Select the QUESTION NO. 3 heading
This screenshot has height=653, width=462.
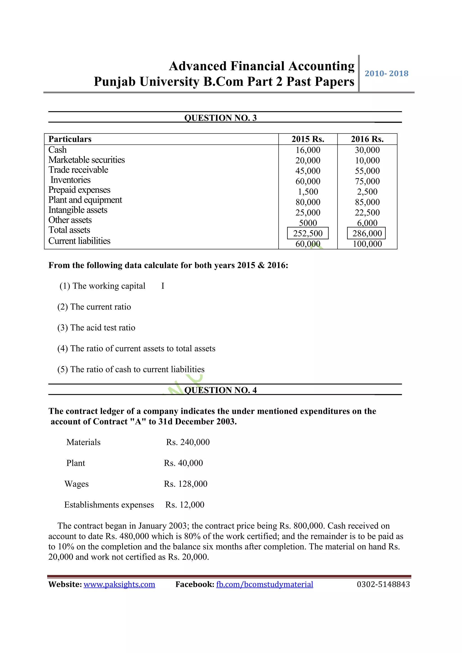(x=220, y=118)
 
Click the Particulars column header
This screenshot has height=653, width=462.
(x=70, y=139)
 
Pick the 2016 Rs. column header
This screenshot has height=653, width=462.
(x=367, y=139)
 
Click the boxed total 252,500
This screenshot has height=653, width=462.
(x=308, y=233)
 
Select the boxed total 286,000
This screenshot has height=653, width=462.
(x=367, y=233)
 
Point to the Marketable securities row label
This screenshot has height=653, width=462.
(x=86, y=160)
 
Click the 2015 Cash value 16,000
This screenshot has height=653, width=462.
(x=308, y=150)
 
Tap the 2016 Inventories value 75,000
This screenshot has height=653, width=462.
(x=367, y=181)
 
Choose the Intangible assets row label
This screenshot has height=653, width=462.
(x=78, y=210)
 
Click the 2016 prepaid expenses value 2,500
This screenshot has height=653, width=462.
(x=367, y=192)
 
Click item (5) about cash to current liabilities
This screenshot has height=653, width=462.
(x=131, y=369)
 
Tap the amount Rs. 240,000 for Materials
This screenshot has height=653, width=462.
(x=188, y=442)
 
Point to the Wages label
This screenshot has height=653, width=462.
(x=76, y=484)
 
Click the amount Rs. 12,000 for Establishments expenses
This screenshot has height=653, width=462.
(x=185, y=505)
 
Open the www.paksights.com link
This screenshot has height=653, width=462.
(x=119, y=584)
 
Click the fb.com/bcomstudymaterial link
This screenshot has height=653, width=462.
(x=265, y=584)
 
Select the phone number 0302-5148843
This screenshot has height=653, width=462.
(x=383, y=584)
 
